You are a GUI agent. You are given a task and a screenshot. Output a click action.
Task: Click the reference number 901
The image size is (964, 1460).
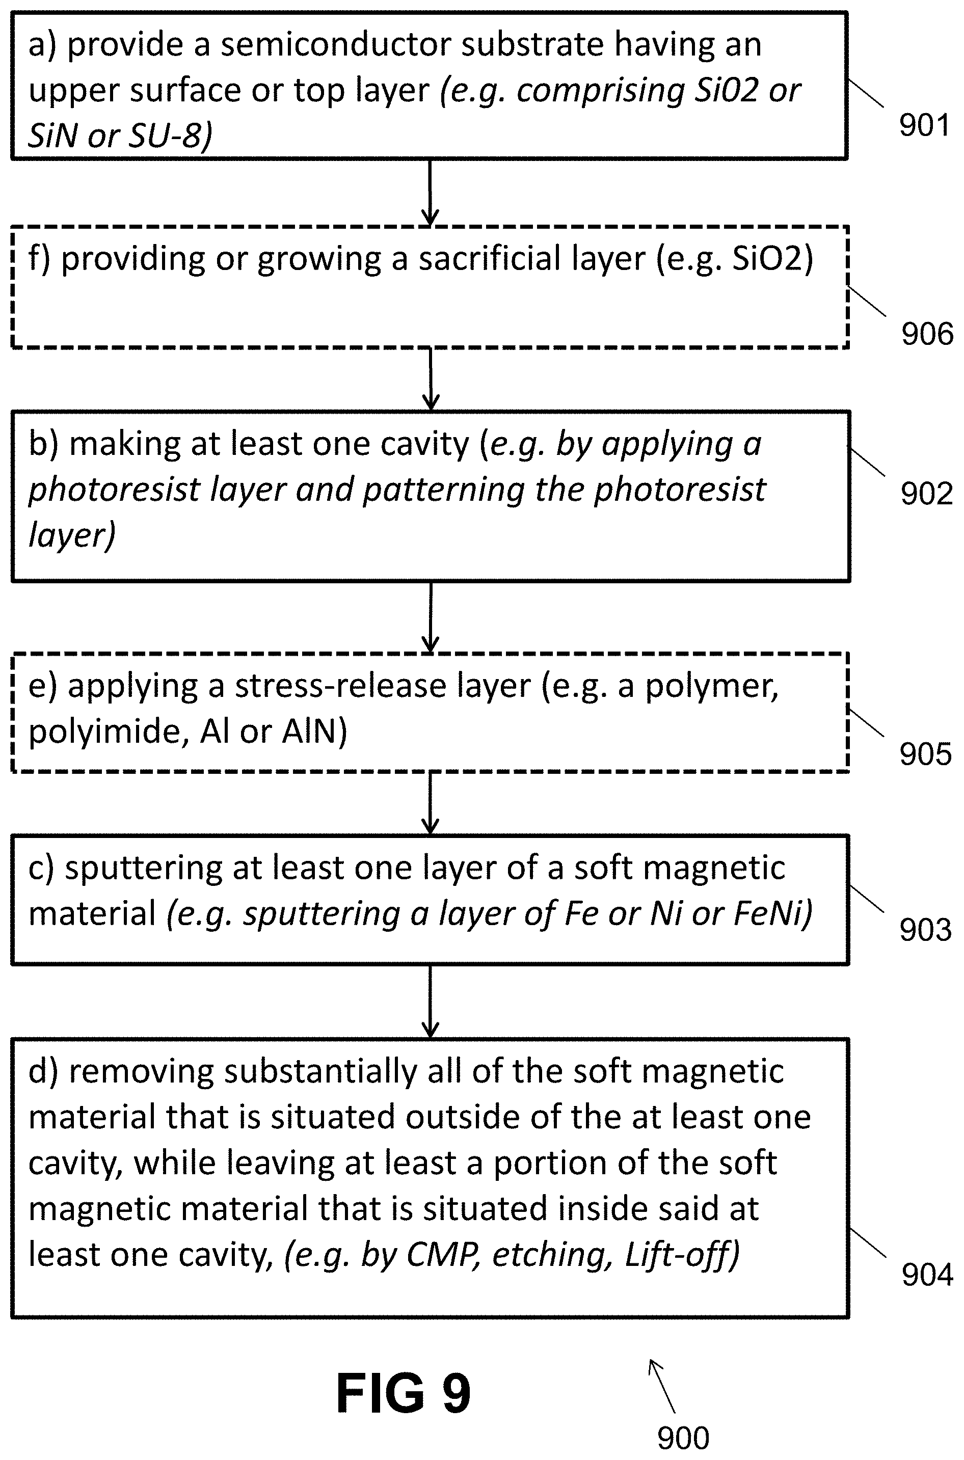click(925, 125)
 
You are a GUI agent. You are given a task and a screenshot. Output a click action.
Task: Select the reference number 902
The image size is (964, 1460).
click(926, 493)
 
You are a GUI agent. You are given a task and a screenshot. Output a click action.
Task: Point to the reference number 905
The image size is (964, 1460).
click(925, 753)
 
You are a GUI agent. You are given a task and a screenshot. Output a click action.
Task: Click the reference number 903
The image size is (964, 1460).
click(925, 930)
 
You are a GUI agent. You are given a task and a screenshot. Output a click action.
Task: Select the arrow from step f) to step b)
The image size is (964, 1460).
click(431, 378)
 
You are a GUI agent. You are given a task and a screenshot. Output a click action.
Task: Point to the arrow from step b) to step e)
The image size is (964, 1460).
click(431, 616)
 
